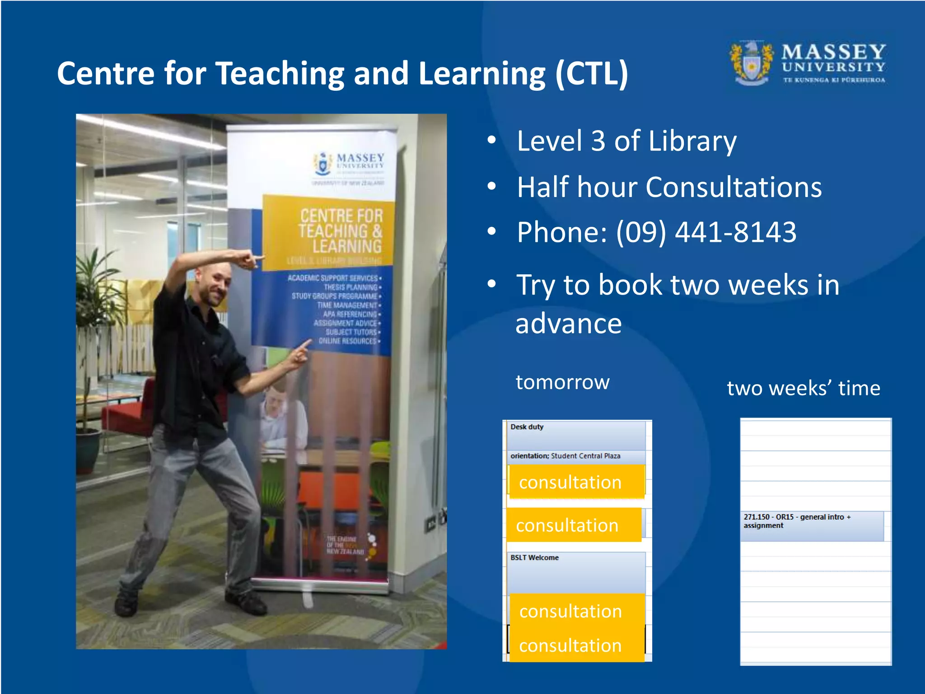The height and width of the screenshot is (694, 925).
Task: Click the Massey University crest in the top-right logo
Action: click(x=752, y=63)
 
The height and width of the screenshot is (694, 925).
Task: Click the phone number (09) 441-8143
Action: click(x=706, y=232)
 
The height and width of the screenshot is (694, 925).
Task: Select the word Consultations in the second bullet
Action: click(x=733, y=187)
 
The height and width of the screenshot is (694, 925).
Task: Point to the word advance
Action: click(x=569, y=324)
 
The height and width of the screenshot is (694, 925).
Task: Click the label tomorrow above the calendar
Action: click(x=563, y=382)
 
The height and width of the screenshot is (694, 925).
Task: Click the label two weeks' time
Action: click(x=804, y=388)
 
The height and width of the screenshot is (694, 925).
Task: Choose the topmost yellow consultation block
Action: click(x=576, y=482)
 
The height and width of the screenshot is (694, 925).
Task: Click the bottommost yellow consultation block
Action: click(x=576, y=645)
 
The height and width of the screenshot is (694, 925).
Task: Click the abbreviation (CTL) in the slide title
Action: click(x=592, y=74)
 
